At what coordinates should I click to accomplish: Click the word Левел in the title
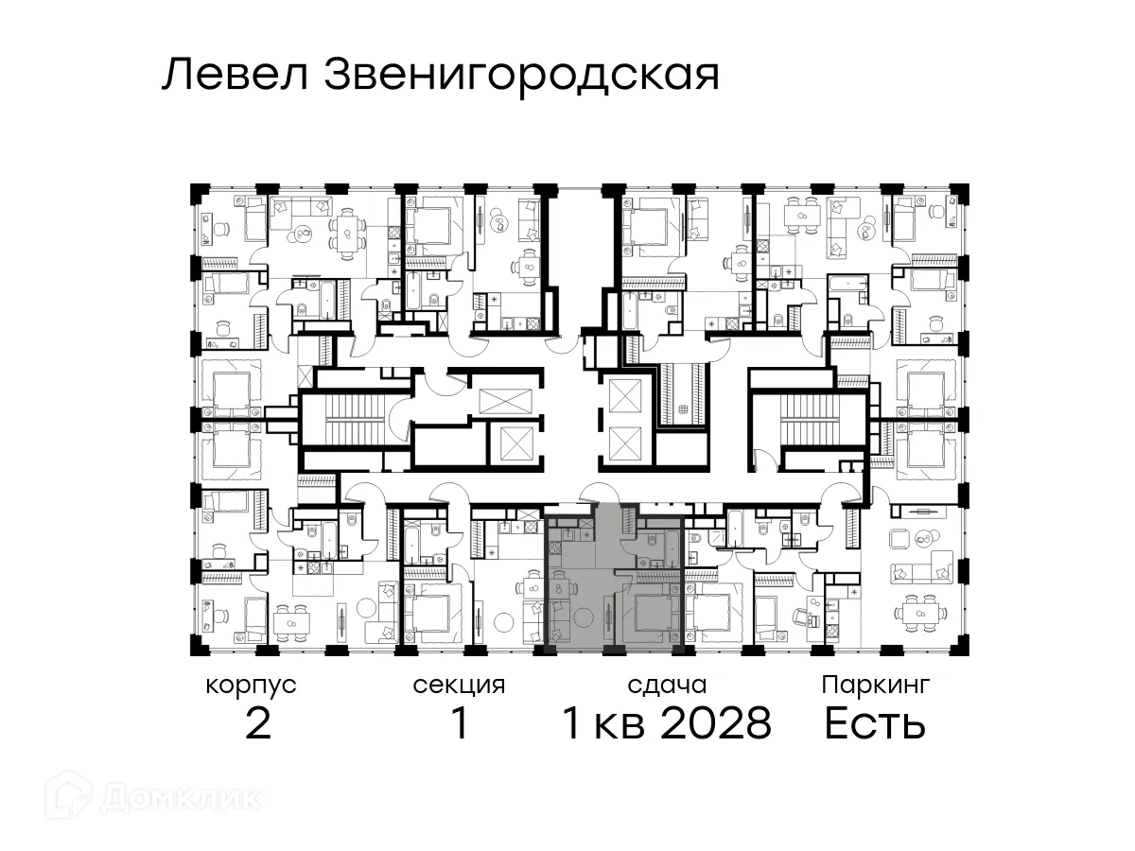(x=236, y=75)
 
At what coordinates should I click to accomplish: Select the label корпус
(x=252, y=685)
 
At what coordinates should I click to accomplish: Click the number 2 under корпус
(x=257, y=724)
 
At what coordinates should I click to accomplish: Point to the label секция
(x=460, y=685)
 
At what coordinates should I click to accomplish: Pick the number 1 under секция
(x=460, y=724)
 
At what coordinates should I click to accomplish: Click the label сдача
(x=667, y=685)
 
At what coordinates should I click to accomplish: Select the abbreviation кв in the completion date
(x=616, y=724)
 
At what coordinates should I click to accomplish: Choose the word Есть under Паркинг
(x=874, y=724)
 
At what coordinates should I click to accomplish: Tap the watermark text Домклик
(x=180, y=797)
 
